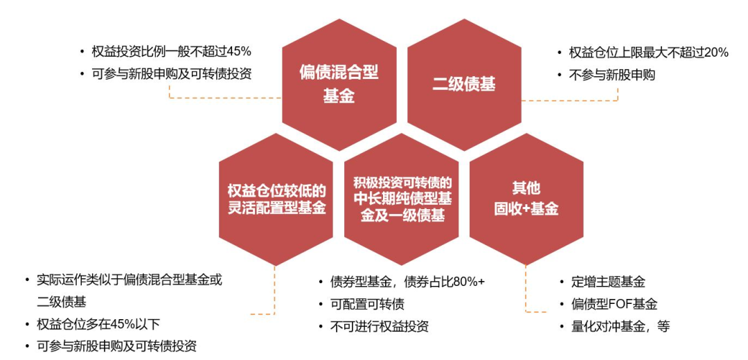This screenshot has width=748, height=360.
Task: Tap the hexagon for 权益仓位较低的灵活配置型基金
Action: coord(276,199)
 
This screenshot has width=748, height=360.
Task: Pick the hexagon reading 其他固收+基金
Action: coord(526,199)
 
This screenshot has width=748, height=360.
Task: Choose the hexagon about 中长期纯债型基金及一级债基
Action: coord(402,199)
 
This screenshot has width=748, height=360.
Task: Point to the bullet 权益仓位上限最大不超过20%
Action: coord(648,52)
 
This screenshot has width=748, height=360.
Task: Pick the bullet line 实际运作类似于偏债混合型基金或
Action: coord(129,280)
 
